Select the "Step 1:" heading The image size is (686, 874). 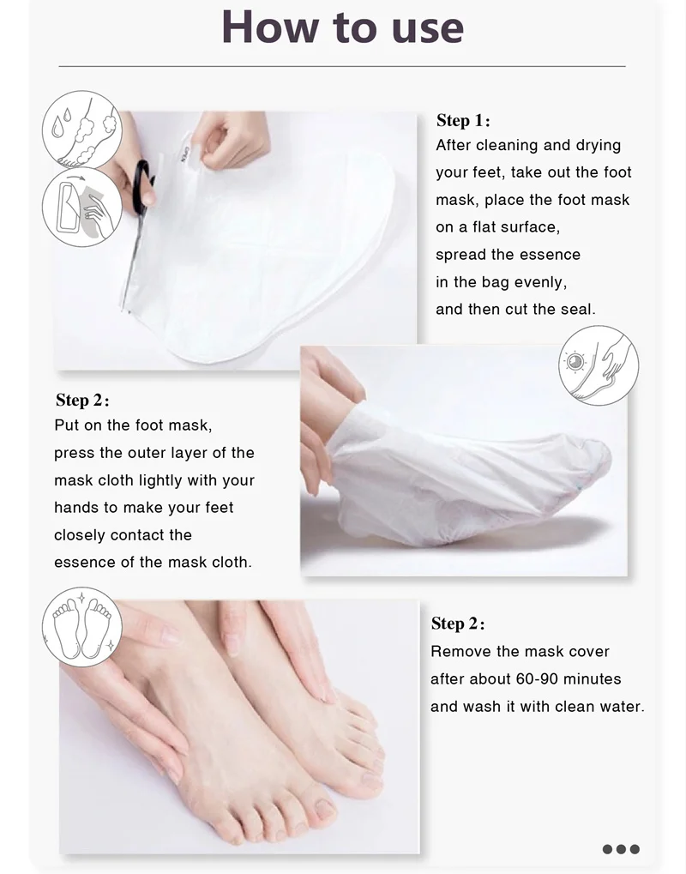point(463,120)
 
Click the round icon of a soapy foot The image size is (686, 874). point(82,130)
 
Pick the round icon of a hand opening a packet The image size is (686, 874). point(82,208)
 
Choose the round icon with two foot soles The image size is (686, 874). point(82,627)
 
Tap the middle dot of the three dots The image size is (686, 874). point(621,849)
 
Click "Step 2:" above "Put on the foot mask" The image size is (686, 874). point(82,401)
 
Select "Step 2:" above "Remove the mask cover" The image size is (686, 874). point(458,624)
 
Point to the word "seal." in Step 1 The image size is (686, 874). point(578,309)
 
